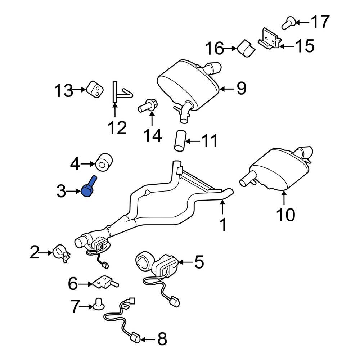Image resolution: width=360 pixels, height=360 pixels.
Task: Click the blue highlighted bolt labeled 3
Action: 89,188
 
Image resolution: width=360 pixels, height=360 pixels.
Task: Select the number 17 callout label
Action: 320,22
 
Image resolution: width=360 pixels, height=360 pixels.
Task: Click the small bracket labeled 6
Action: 104,283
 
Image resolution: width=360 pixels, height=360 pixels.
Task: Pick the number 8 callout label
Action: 162,339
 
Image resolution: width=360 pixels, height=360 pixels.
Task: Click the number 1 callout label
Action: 223,225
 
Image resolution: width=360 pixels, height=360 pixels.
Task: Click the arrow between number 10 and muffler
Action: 284,199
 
